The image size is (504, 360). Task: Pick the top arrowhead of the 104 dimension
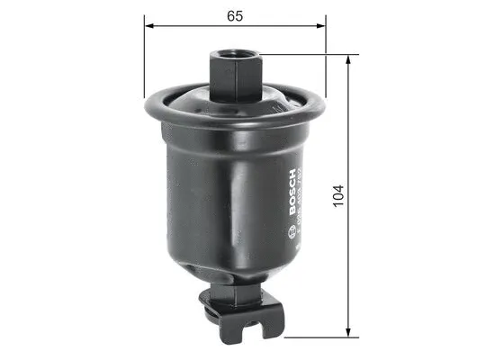(x=347, y=59)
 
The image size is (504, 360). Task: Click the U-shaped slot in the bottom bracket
(x=260, y=314)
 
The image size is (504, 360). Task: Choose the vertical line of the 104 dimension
(x=347, y=135)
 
